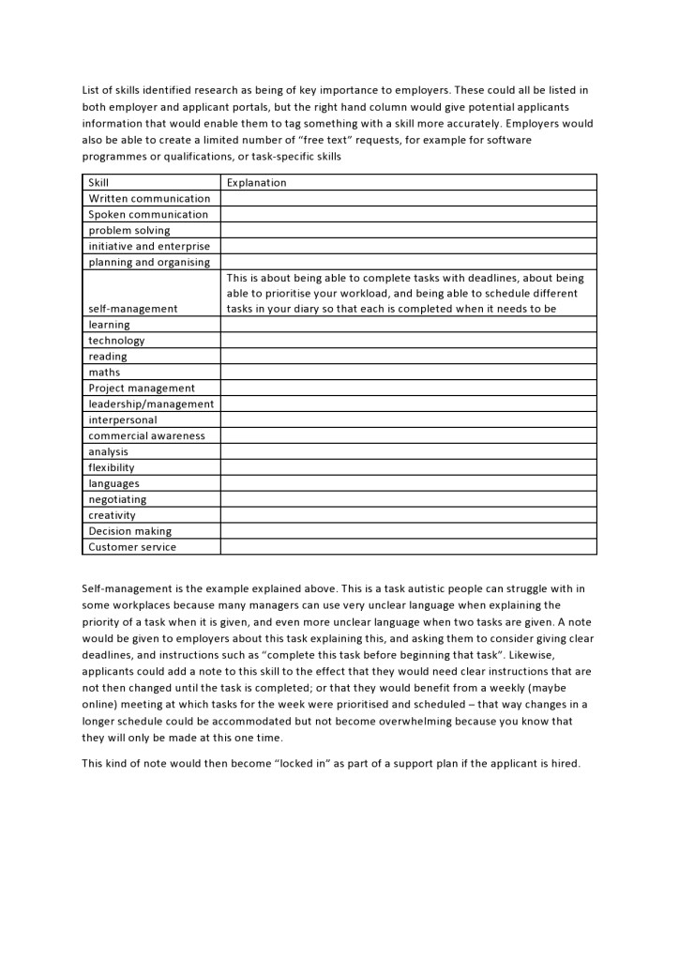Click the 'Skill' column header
98,183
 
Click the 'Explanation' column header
256,183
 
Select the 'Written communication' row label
149,199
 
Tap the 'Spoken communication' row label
148,215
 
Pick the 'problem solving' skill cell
129,231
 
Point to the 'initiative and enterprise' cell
149,247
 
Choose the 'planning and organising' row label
149,263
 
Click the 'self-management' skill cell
132,309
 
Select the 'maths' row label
104,373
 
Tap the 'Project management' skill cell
142,389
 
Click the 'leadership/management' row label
151,404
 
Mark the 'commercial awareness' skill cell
146,436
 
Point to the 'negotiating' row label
117,500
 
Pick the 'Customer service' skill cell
132,547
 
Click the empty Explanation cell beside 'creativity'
408,515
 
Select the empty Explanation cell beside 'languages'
408,483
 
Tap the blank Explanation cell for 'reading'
408,357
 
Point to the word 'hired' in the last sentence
564,763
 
